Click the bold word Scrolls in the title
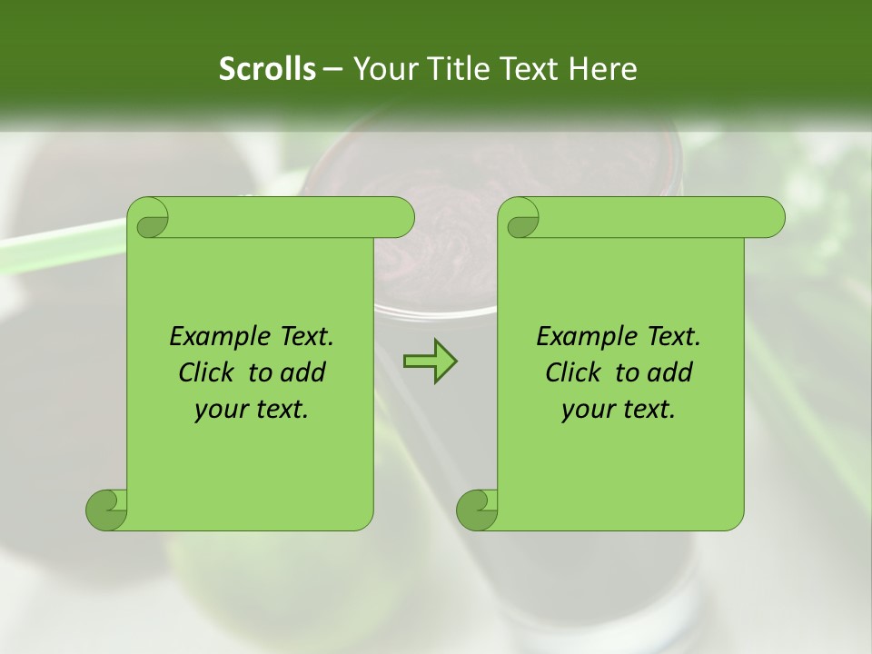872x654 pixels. click(267, 68)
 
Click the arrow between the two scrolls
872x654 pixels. click(430, 362)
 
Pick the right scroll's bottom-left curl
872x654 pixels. click(478, 509)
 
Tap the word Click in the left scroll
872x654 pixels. click(208, 372)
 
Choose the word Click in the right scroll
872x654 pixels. click(575, 372)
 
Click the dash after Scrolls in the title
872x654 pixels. click(332, 68)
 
